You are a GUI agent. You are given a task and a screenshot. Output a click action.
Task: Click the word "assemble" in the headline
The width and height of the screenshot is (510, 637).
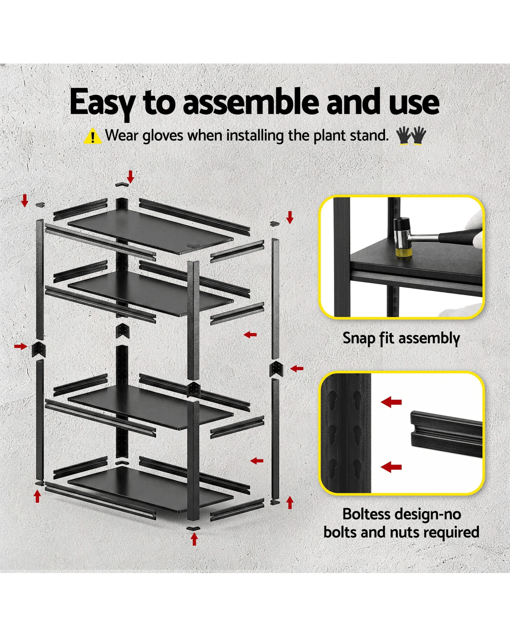pos(251,102)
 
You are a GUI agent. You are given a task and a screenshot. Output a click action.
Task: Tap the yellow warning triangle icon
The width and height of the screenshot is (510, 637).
pos(93,136)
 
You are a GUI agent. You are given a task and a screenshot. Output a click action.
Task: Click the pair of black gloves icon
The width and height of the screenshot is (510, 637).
pos(411,136)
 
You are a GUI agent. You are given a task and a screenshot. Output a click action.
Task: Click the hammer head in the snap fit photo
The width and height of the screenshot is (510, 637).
pos(402,237)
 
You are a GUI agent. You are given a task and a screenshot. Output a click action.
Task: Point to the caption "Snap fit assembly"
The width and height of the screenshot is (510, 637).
pos(401,338)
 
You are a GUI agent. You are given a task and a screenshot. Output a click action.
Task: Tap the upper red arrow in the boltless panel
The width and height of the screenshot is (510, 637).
pos(391,402)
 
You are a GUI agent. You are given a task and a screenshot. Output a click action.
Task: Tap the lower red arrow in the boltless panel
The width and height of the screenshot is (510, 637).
pos(391,467)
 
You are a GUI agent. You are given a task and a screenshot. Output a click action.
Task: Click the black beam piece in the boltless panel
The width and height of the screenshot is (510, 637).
pos(446,435)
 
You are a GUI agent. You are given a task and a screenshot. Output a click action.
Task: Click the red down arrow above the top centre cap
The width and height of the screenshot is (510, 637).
pos(130,177)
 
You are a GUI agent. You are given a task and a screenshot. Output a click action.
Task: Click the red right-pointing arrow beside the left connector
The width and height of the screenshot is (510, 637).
pos(21,346)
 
